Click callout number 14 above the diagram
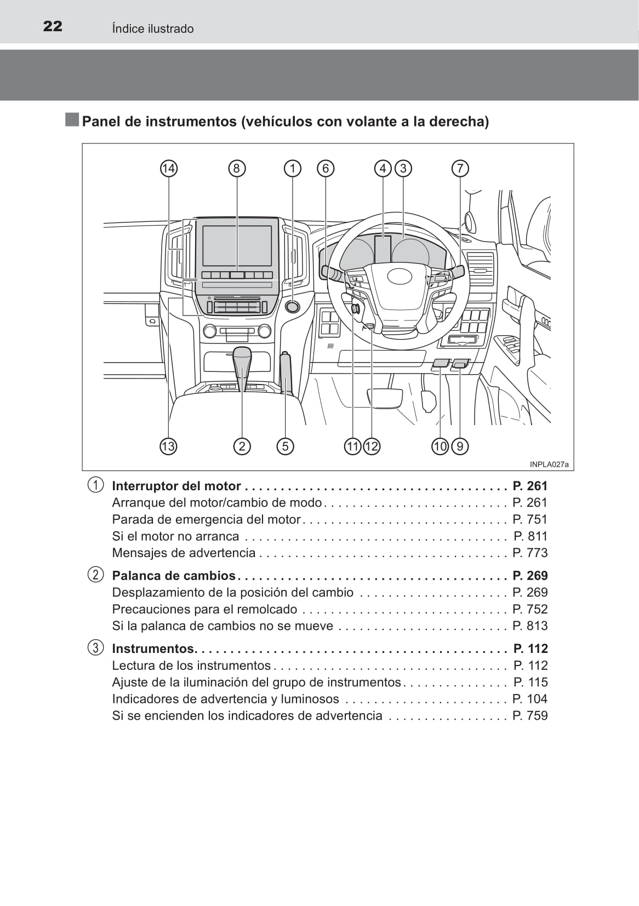click(x=168, y=168)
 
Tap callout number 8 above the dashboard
click(x=237, y=168)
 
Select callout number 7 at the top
click(x=460, y=168)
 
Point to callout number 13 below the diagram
click(x=168, y=446)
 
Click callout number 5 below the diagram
click(x=285, y=446)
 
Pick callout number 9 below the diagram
click(x=460, y=446)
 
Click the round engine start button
click(x=293, y=306)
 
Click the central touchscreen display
click(x=237, y=246)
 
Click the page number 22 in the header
click(x=53, y=26)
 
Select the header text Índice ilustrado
click(x=153, y=28)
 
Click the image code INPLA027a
click(x=549, y=465)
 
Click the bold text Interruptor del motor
click(x=176, y=486)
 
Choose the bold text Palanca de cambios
click(x=174, y=576)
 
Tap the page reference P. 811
click(x=530, y=536)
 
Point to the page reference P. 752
click(x=530, y=609)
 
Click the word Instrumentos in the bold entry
click(x=153, y=649)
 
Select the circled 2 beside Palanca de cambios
click(x=96, y=575)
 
